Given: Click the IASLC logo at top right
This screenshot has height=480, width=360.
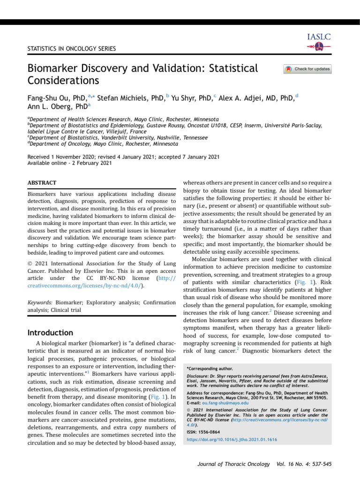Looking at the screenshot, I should (319, 42).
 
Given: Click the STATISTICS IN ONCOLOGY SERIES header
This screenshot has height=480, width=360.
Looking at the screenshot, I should (72, 48).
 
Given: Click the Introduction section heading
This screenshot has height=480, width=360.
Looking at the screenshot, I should (51, 333).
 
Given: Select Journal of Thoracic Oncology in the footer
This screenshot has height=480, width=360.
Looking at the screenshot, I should (233, 468).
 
